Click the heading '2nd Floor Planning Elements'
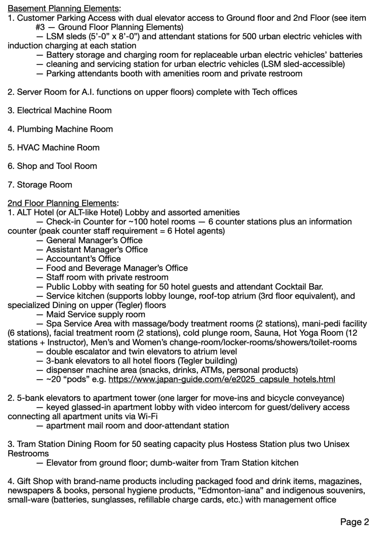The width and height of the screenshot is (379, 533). click(x=62, y=203)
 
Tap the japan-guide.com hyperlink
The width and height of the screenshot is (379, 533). click(x=222, y=379)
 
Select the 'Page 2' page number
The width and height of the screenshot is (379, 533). click(x=354, y=522)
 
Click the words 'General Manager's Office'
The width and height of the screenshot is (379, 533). click(x=94, y=240)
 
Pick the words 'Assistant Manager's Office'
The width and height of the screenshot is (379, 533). click(x=97, y=249)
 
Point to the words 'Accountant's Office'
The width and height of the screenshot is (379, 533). click(x=83, y=259)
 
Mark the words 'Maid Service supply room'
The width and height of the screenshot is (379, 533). click(x=95, y=314)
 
